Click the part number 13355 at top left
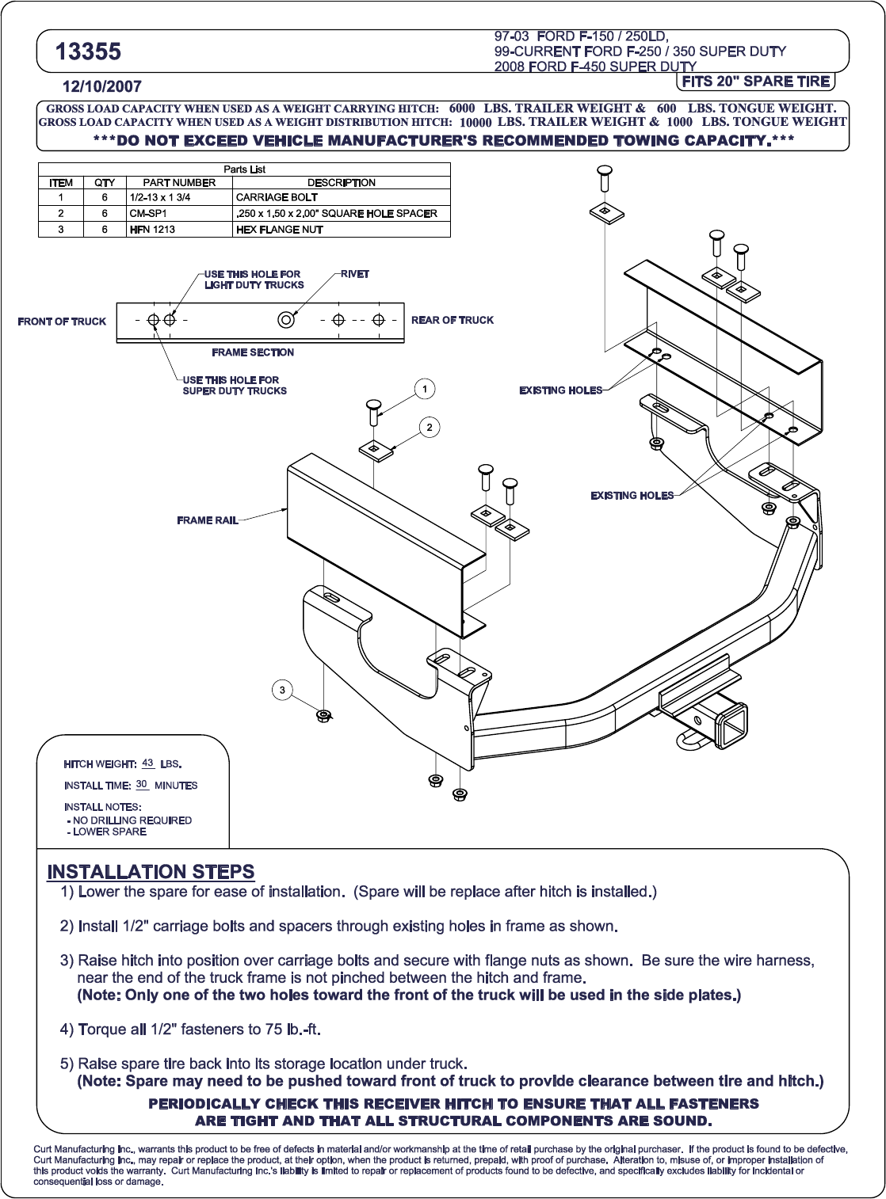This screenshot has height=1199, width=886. click(x=88, y=52)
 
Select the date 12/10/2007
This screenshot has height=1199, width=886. click(x=101, y=87)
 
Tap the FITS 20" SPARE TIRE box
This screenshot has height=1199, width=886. click(x=755, y=82)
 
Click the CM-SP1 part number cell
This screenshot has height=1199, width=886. click(x=148, y=213)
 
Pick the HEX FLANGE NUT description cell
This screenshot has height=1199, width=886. click(x=280, y=230)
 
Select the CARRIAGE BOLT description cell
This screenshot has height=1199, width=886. click(x=277, y=197)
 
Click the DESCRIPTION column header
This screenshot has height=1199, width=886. click(x=341, y=182)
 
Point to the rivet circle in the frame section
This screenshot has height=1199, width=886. click(x=286, y=319)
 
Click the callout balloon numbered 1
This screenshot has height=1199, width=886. click(x=425, y=389)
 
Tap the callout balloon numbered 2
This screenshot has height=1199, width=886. click(x=430, y=428)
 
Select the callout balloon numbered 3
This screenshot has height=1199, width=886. click(x=282, y=691)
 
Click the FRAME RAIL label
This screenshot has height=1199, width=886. click(x=208, y=520)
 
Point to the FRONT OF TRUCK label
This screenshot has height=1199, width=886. click(x=62, y=322)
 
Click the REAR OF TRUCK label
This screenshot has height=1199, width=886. click(x=453, y=320)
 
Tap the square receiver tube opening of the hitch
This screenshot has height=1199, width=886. click(x=732, y=723)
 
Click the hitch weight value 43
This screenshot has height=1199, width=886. click(x=147, y=763)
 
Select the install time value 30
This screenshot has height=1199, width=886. click(x=141, y=784)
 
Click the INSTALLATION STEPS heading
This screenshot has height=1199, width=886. click(x=151, y=872)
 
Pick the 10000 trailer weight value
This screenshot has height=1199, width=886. click(x=475, y=123)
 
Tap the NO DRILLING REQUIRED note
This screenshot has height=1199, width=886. click(x=132, y=820)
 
